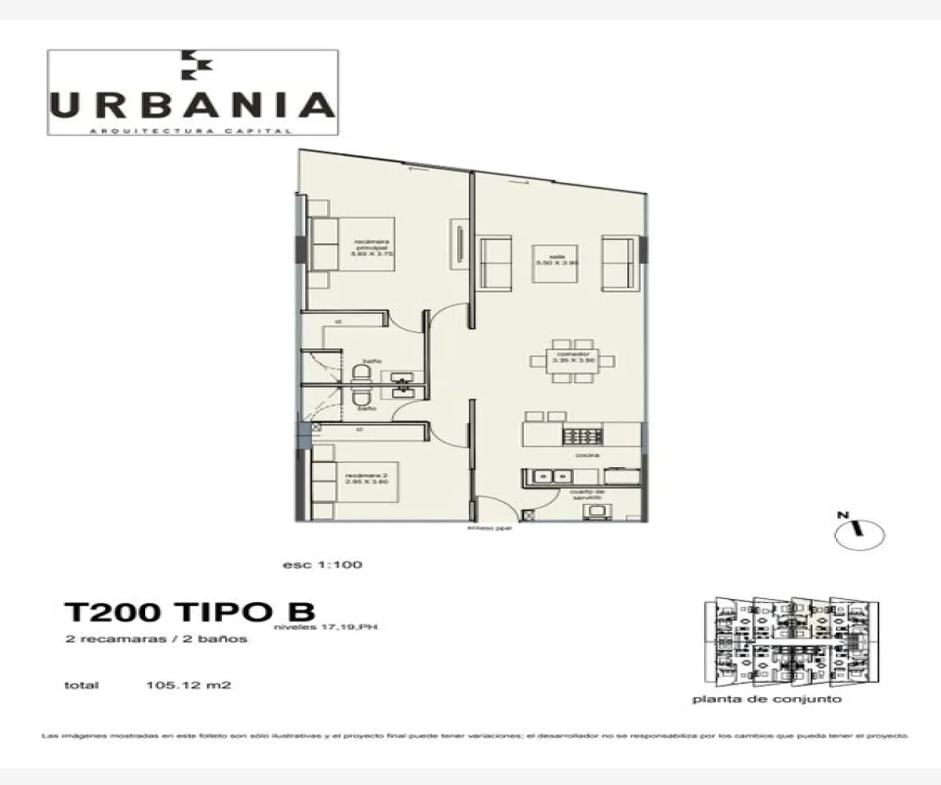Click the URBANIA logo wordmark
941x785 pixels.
coord(193,105)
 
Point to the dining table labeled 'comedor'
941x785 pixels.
coord(572,360)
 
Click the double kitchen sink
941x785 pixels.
coord(552,476)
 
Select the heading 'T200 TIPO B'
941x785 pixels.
coord(189,612)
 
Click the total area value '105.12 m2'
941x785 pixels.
coord(188,685)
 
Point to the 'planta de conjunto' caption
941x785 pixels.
coord(767,699)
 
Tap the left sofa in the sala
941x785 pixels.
coord(495,261)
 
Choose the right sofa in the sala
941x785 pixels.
coord(617,261)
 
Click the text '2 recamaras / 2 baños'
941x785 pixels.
coord(157,639)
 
